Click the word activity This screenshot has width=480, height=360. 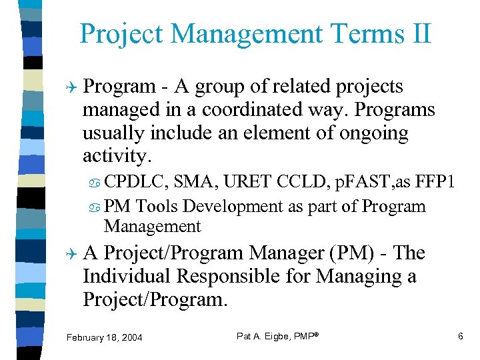click(x=117, y=156)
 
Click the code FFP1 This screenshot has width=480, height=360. click(x=434, y=180)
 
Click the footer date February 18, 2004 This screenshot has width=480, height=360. click(x=104, y=338)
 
